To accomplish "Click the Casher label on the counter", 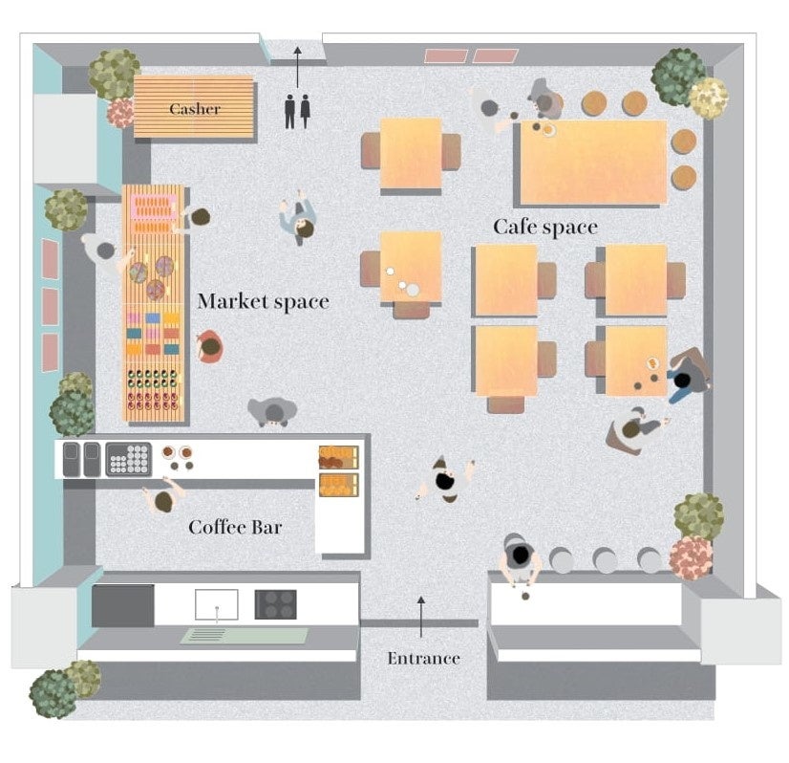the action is pos(195,109).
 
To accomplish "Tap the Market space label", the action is pos(263,302).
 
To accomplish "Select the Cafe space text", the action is pos(544,228).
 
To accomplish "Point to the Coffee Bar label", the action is pos(235,527).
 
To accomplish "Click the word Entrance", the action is pos(423,658).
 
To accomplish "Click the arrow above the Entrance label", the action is pos(420,616).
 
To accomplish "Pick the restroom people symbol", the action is pos(297,110).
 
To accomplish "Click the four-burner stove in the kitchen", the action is pos(275,604).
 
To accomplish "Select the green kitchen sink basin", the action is pos(245,636).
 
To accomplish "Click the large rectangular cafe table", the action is pos(592,162).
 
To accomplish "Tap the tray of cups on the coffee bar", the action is pos(128,459).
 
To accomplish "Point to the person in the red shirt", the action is pos(209,346).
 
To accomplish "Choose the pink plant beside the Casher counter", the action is pos(121,113).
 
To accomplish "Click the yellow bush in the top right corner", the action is pos(708,98).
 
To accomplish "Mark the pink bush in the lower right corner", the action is pos(691,557).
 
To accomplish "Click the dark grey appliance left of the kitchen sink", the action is pos(123,605).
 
